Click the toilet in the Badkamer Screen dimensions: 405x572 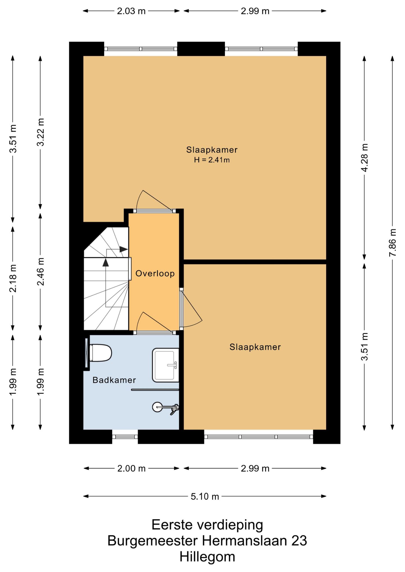click(100, 353)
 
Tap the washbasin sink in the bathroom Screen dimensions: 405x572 click(166, 365)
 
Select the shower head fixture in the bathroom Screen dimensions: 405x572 click(166, 407)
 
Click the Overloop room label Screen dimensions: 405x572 click(155, 273)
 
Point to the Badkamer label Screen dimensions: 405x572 click(114, 380)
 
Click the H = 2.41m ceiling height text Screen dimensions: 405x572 click(212, 160)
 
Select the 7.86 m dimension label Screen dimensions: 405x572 click(392, 242)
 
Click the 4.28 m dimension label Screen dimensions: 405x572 click(364, 158)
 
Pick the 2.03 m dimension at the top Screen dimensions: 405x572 click(131, 11)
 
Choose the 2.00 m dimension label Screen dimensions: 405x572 click(131, 468)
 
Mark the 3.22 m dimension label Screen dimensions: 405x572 click(40, 132)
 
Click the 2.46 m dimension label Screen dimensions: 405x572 click(40, 271)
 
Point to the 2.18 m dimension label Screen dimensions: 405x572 click(13, 278)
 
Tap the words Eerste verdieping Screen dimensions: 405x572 click(207, 525)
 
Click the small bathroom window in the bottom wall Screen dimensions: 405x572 click(125, 437)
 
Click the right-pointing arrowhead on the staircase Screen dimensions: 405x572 click(124, 249)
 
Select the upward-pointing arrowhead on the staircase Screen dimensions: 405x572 click(105, 262)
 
